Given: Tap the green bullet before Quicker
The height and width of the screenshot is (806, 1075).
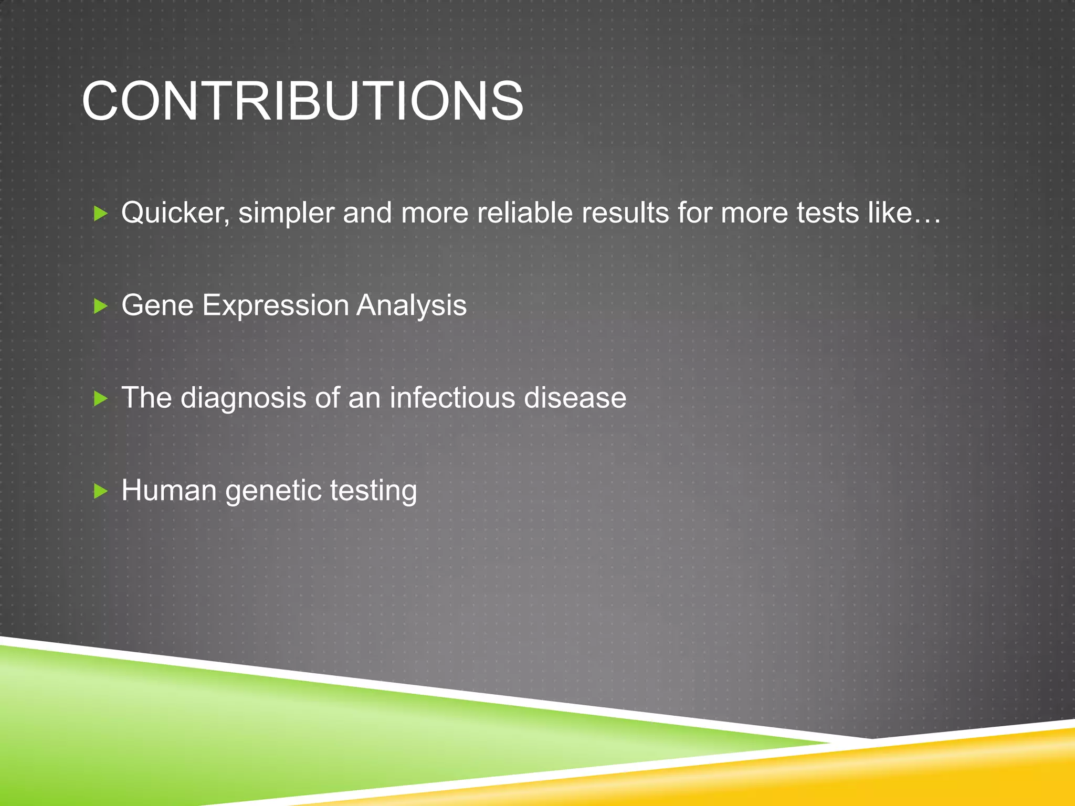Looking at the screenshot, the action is pos(100,214).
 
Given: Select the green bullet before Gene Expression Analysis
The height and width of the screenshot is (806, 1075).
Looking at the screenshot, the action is pos(100,306).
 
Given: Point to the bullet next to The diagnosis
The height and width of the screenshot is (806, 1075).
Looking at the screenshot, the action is pos(100,399).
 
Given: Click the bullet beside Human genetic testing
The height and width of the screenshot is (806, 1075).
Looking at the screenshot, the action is pos(100,491).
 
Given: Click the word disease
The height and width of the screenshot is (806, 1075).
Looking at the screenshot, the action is pos(575,398).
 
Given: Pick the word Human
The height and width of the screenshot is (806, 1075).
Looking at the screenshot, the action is pos(169,490).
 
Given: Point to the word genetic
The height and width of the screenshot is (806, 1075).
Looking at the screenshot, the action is pos(273,491).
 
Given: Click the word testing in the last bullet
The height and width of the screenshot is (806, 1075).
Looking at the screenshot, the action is pos(374,491).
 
